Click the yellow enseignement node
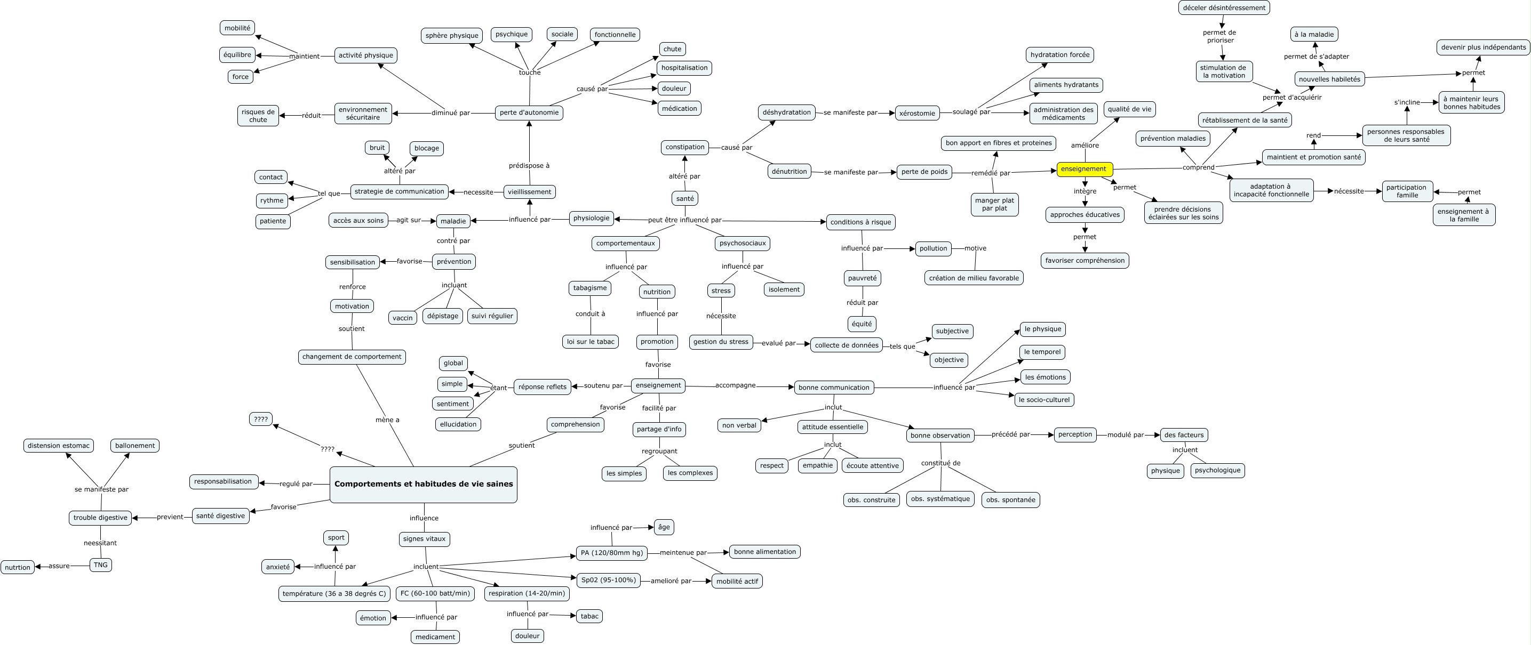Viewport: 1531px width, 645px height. click(1084, 170)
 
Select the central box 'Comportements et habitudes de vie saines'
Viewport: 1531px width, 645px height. click(423, 484)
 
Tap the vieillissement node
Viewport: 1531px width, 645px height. click(530, 192)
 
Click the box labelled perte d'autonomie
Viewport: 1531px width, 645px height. click(529, 113)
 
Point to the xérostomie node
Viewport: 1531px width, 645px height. click(917, 114)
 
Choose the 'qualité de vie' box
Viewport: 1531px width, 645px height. click(1129, 109)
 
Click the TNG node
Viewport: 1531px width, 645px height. click(100, 565)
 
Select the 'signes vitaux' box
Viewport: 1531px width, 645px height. click(424, 539)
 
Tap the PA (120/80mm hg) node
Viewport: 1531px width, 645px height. click(611, 553)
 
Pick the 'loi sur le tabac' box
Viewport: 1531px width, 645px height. click(590, 342)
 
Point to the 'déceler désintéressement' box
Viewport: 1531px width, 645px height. click(1224, 7)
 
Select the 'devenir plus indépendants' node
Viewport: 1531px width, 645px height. click(1483, 47)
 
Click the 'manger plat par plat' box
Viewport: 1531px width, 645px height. click(994, 205)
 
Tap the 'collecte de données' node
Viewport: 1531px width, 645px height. click(847, 345)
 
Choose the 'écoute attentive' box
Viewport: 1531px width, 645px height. click(872, 466)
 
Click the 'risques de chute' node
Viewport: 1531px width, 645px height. click(258, 116)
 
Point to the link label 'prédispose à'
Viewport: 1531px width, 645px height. click(529, 166)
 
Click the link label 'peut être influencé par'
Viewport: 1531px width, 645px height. click(684, 220)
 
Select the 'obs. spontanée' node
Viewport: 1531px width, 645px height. click(1010, 500)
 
